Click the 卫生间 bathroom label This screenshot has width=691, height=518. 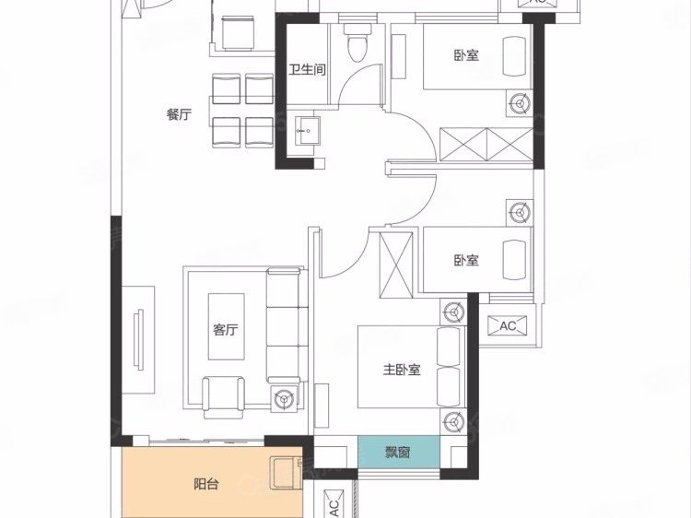308,70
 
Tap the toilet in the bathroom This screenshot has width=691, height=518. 357,42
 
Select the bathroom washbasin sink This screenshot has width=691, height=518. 307,131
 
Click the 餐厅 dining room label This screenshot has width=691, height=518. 180,114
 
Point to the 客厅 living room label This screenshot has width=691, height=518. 226,329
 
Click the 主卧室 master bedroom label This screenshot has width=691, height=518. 402,369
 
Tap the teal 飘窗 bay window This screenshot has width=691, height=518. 398,453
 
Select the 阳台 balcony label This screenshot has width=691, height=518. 206,484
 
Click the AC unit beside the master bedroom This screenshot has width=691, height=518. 508,325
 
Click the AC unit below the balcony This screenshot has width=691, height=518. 334,503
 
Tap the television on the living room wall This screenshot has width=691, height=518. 139,339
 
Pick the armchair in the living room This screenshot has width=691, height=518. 223,397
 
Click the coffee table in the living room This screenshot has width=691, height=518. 226,326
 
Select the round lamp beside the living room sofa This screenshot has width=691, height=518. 284,400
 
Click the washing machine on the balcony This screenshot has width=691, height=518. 287,473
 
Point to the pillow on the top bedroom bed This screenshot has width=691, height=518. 514,56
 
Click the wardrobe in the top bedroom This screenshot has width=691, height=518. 486,145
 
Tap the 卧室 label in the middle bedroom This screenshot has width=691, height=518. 466,260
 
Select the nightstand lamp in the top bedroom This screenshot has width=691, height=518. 520,103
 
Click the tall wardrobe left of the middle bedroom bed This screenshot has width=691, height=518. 396,265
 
